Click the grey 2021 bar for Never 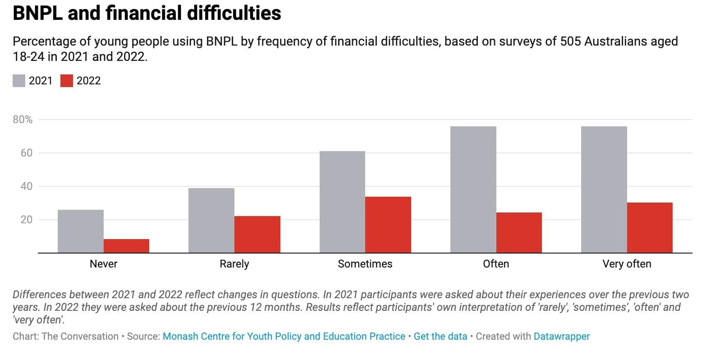[81, 231]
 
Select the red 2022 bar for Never [126, 245]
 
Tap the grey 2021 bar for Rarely [211, 220]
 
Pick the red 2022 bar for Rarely [257, 234]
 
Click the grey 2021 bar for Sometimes [342, 202]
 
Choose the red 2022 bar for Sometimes [388, 224]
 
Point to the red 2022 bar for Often [519, 232]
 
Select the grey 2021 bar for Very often [604, 189]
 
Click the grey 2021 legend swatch [19, 81]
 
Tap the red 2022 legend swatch [67, 81]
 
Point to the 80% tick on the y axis [23, 120]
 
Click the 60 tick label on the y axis [27, 153]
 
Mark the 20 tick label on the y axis [27, 220]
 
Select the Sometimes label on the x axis [365, 264]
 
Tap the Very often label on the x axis [627, 264]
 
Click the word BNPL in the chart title [37, 13]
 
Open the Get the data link [440, 337]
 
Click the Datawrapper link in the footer [561, 337]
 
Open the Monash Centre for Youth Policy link [284, 337]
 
